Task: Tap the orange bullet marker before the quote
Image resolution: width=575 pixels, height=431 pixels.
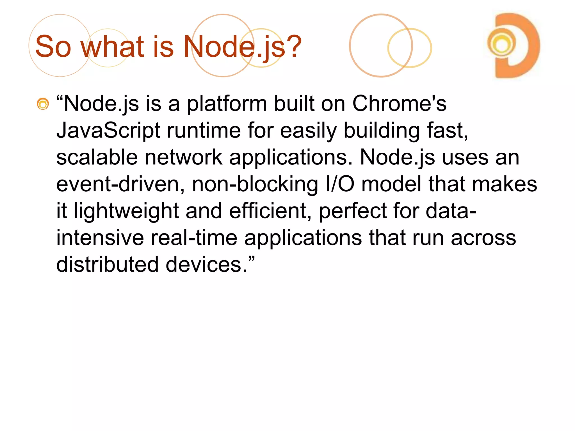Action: (43, 104)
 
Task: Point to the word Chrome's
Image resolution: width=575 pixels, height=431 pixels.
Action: (399, 104)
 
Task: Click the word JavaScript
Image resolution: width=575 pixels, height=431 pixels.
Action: (108, 130)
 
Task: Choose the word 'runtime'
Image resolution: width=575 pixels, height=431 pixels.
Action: (204, 130)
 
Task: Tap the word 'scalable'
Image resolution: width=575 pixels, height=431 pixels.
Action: (97, 157)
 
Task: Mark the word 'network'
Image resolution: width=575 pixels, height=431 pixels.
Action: (184, 157)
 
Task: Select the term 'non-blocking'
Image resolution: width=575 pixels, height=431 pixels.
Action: (255, 184)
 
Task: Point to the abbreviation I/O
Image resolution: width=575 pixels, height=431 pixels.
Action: (340, 184)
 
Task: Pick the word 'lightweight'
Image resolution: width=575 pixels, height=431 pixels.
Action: (126, 211)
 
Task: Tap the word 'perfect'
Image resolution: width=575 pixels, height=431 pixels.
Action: (353, 211)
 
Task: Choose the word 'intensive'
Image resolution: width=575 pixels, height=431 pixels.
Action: (100, 238)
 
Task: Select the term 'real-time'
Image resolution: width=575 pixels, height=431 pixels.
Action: (194, 238)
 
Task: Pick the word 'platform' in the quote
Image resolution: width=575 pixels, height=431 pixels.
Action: (227, 104)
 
